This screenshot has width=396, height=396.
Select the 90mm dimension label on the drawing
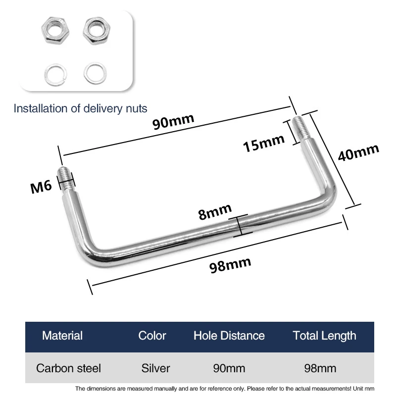173,121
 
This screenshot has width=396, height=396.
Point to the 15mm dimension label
264,143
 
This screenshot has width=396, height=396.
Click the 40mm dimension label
358,152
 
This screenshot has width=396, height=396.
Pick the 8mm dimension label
215,212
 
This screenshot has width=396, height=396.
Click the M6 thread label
41,187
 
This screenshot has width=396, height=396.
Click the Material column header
62,336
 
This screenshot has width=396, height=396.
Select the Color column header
152,336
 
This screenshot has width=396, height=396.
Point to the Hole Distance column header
229,336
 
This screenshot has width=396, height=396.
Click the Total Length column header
325,336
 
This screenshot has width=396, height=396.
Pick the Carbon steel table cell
68,368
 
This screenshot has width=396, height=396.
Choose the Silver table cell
155,368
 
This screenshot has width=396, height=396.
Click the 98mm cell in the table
320,368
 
